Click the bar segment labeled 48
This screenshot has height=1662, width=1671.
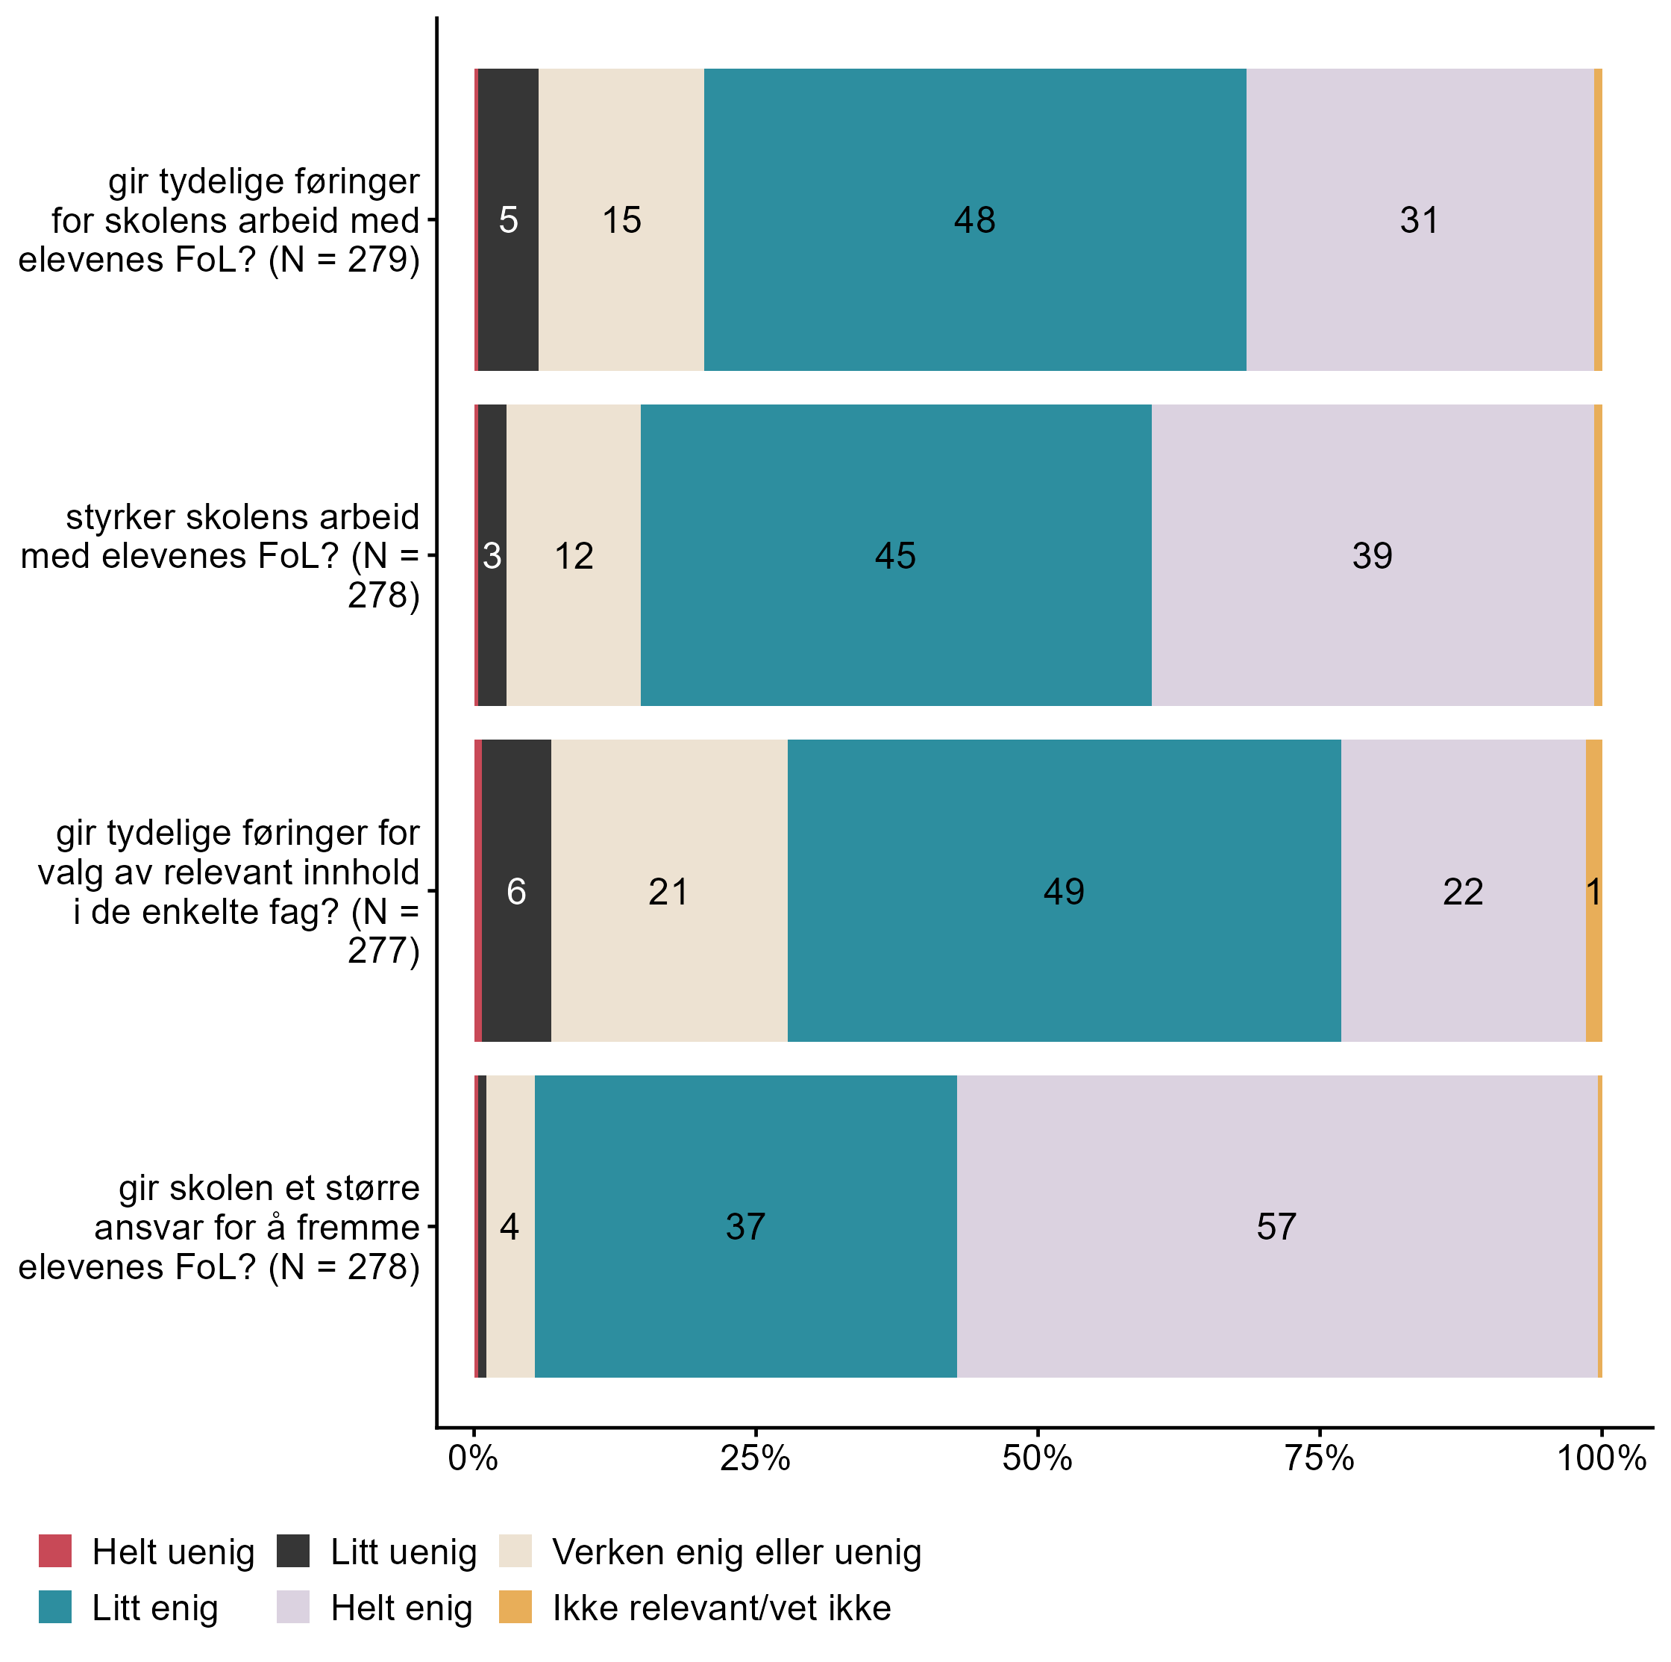[975, 219]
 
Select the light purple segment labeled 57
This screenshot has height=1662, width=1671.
[1276, 1226]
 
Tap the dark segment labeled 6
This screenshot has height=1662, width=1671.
[516, 891]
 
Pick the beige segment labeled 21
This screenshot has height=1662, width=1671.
[668, 891]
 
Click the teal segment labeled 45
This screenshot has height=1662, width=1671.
[895, 555]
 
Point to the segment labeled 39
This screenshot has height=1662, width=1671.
[1373, 555]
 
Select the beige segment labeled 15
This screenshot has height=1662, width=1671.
[621, 219]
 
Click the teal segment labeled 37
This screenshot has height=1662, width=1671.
[745, 1226]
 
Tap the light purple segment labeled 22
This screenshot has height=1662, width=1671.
[1464, 891]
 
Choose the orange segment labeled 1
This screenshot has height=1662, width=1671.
[1594, 891]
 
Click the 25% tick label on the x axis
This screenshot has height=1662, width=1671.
[755, 1459]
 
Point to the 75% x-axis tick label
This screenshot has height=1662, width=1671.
[1319, 1459]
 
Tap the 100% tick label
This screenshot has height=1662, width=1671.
[1601, 1459]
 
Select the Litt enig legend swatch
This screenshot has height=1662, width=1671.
[55, 1608]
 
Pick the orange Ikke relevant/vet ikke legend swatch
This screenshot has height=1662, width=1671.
[515, 1608]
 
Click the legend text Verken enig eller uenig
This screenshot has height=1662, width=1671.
[737, 1552]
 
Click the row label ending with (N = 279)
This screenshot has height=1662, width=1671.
[219, 221]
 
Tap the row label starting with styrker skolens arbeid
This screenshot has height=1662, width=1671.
[219, 556]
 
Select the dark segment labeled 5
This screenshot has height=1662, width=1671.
[509, 219]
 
